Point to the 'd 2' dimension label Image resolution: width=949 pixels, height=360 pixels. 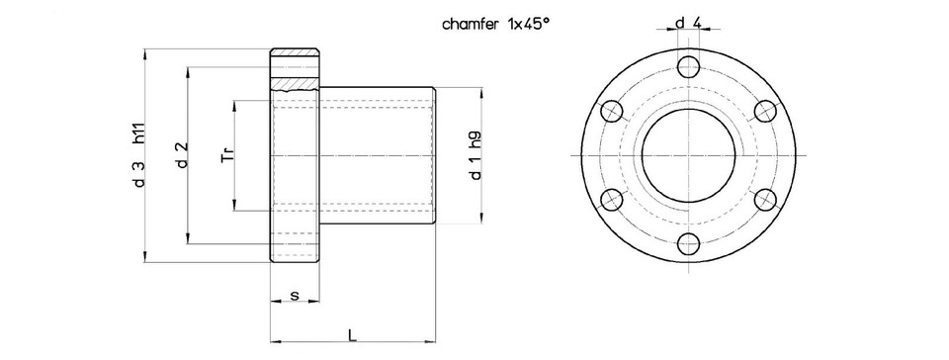[x=182, y=156]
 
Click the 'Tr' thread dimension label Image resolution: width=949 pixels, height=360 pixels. [x=226, y=155]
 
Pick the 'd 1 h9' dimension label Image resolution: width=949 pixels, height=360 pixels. [x=475, y=156]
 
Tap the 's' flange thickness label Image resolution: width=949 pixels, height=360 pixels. [x=295, y=296]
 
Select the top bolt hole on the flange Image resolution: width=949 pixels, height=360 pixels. [x=688, y=67]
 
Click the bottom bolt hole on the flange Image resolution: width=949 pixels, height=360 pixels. [x=688, y=243]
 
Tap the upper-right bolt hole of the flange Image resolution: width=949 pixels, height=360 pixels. [x=764, y=111]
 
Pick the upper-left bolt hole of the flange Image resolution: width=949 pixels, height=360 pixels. [x=612, y=111]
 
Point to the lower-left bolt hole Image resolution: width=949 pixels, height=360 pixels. [x=612, y=200]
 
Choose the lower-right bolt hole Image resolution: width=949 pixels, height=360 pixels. [x=764, y=200]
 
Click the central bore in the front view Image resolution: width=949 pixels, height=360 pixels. [x=688, y=155]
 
